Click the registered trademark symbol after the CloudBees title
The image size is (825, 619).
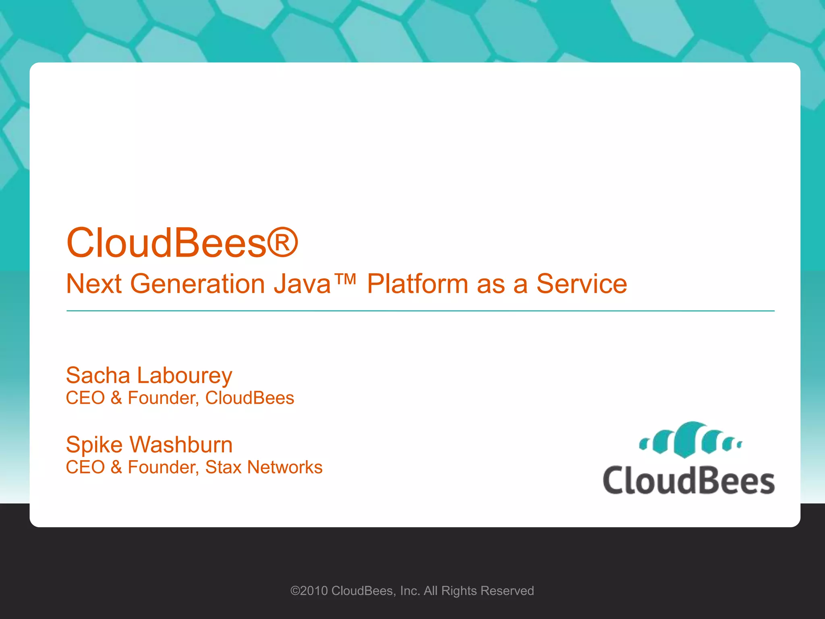click(283, 243)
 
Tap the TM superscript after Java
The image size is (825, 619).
click(345, 278)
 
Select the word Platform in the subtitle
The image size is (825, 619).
click(417, 284)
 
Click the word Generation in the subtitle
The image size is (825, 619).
click(197, 284)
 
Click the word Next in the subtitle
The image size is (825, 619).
click(94, 284)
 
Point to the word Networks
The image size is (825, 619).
click(285, 467)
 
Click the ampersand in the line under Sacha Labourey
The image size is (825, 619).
click(116, 398)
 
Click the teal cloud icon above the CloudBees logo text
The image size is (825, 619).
click(690, 440)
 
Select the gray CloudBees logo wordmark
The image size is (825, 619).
click(688, 480)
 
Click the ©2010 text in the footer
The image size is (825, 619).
click(309, 591)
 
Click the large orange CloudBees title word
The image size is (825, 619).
click(166, 243)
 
